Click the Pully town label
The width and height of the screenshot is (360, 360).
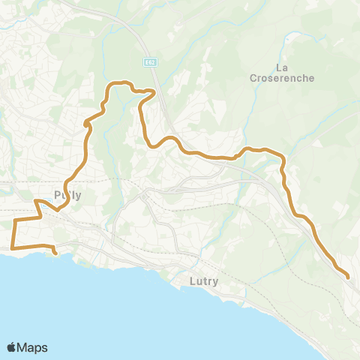67,195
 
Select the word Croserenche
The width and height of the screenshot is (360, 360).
283,77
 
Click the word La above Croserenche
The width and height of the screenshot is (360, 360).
283,67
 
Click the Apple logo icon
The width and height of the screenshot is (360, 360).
12,347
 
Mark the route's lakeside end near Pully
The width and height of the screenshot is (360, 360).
56,253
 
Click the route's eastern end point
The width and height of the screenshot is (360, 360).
349,278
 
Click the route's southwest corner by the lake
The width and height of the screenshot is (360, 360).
12,247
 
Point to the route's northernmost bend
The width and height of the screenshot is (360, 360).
116,81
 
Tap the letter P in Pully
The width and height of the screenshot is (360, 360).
58,195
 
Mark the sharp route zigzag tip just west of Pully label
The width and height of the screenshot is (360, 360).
36,201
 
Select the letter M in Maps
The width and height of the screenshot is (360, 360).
24,347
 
